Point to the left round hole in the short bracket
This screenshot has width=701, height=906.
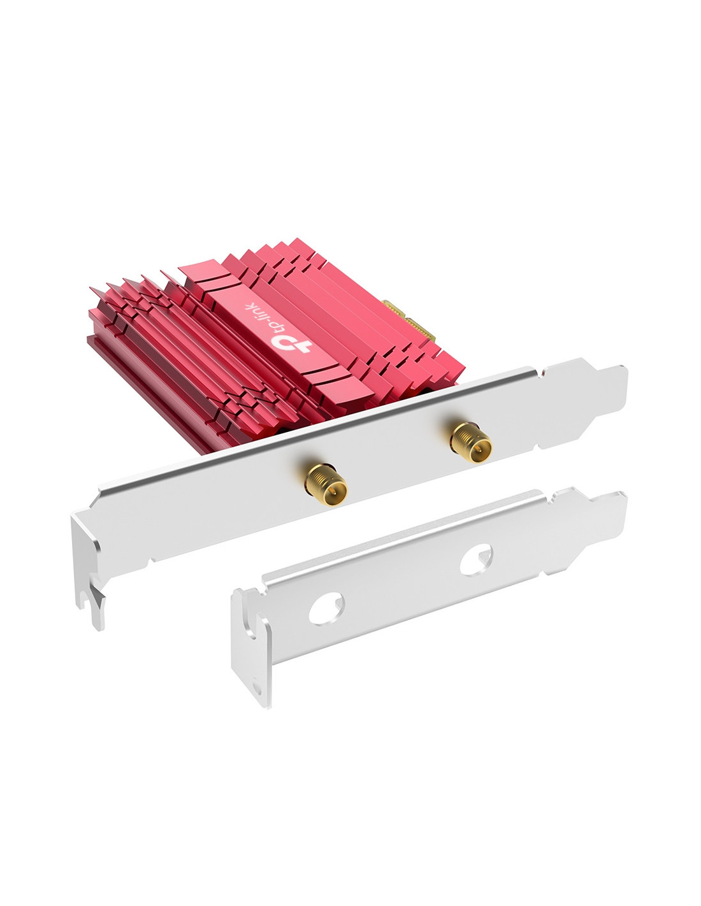[326, 610]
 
